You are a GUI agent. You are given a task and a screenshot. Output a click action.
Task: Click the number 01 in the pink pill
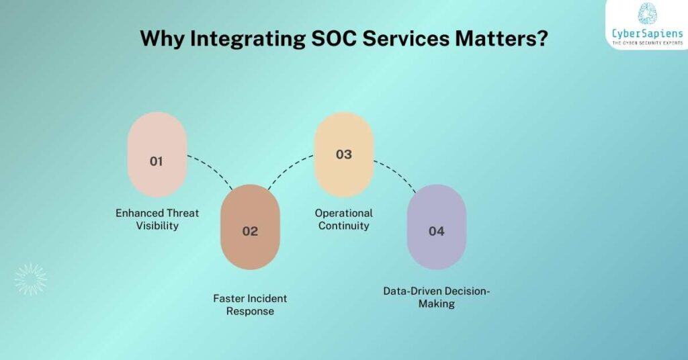(x=157, y=161)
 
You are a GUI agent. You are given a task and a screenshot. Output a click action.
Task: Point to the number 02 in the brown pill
(x=250, y=231)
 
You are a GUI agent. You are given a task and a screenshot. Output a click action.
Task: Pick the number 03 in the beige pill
(x=343, y=154)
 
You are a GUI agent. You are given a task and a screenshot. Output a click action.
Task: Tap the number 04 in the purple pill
(x=437, y=231)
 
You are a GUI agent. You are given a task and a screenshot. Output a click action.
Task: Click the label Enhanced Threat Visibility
(x=157, y=220)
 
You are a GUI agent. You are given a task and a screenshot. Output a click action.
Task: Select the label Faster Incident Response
(x=250, y=305)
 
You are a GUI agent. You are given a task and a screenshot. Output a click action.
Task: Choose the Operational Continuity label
(x=343, y=220)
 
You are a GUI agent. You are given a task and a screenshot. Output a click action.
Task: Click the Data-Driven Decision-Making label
(x=437, y=297)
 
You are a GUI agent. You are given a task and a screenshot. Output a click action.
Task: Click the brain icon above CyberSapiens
(x=647, y=13)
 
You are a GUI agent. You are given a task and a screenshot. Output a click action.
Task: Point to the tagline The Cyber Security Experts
(x=646, y=43)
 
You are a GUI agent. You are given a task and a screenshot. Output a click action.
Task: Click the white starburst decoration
(x=31, y=279)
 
